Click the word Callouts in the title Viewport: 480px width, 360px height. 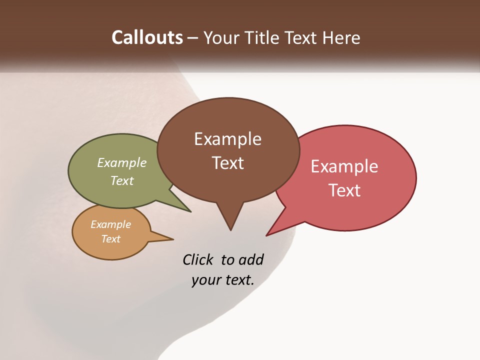coord(147,37)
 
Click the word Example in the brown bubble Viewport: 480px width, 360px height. coord(227,139)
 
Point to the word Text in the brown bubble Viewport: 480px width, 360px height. coord(227,163)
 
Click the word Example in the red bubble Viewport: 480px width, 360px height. coord(344,166)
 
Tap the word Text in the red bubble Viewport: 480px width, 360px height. coord(344,190)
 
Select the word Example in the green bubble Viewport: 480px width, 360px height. coord(122,163)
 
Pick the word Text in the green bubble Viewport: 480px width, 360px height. coord(122,180)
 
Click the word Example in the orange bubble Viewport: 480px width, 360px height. coord(110,224)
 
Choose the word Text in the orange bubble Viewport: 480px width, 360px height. coord(110,239)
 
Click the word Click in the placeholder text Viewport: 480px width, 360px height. coord(197,259)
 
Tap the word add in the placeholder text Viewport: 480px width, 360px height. coord(251,259)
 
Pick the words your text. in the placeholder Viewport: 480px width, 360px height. coord(223,279)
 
